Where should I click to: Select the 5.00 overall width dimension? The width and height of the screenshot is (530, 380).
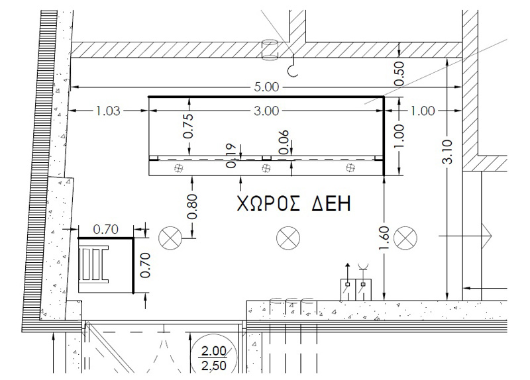click(x=266, y=87)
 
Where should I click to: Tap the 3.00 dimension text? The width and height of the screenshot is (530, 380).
click(x=266, y=111)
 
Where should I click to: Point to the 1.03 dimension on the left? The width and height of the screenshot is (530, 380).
click(x=107, y=111)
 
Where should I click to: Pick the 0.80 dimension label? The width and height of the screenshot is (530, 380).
click(x=193, y=206)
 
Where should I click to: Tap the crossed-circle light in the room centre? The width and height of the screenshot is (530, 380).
click(x=287, y=237)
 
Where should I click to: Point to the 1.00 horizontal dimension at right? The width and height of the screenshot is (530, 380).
click(x=423, y=111)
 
